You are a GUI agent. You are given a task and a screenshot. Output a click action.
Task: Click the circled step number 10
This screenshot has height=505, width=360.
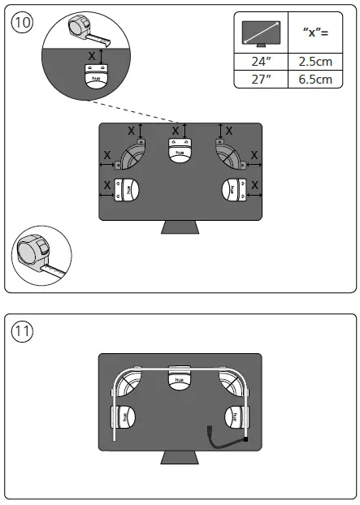(x=23, y=23)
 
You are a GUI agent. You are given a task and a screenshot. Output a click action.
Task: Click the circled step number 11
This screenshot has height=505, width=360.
(x=23, y=332)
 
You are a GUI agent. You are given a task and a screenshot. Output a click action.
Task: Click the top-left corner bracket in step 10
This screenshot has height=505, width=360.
(x=132, y=152)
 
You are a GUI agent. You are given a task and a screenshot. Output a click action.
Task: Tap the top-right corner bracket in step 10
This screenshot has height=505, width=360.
(x=229, y=152)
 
